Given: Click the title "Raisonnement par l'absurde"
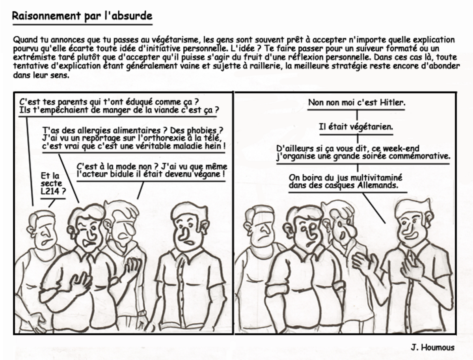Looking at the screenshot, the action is tap(82, 16).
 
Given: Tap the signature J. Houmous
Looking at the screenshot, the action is tap(432, 347).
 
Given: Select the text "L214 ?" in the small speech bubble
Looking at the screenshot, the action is tap(53, 191).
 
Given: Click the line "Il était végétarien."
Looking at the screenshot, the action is tap(356, 127).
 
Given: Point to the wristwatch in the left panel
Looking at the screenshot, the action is tap(142, 313).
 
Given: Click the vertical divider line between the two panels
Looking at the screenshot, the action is tap(233, 213).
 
